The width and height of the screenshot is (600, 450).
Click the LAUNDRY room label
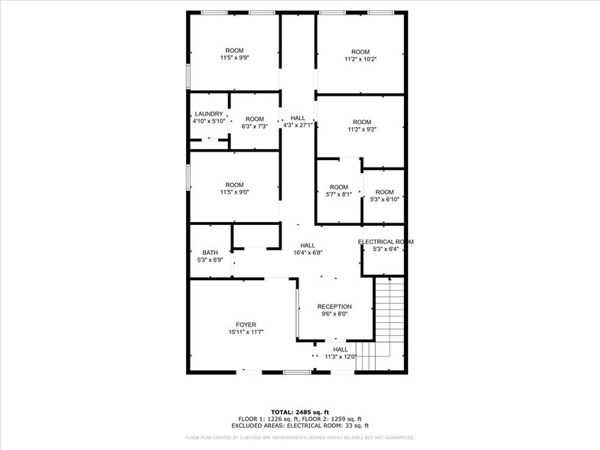pos(208,114)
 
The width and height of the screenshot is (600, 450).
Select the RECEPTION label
pos(334,306)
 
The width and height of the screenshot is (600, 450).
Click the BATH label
pos(210,253)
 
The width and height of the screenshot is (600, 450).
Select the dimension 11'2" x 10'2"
pos(360,59)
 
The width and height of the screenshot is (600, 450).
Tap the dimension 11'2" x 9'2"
pos(361,129)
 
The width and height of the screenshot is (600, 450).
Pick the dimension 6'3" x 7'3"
pos(255,126)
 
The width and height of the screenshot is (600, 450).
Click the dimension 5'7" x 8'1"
pos(338,194)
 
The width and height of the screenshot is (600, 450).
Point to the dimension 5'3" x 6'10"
pos(384,199)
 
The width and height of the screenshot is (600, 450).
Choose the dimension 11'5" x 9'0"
pos(234,192)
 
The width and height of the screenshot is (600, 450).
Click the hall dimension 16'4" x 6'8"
pos(307,253)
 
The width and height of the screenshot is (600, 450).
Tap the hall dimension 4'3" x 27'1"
pos(297,126)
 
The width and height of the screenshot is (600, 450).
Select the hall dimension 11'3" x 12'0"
pos(340,357)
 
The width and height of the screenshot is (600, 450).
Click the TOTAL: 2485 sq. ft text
pos(300,412)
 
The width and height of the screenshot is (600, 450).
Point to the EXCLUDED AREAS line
pos(300,426)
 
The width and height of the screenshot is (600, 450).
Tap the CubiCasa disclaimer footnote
pos(300,438)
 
